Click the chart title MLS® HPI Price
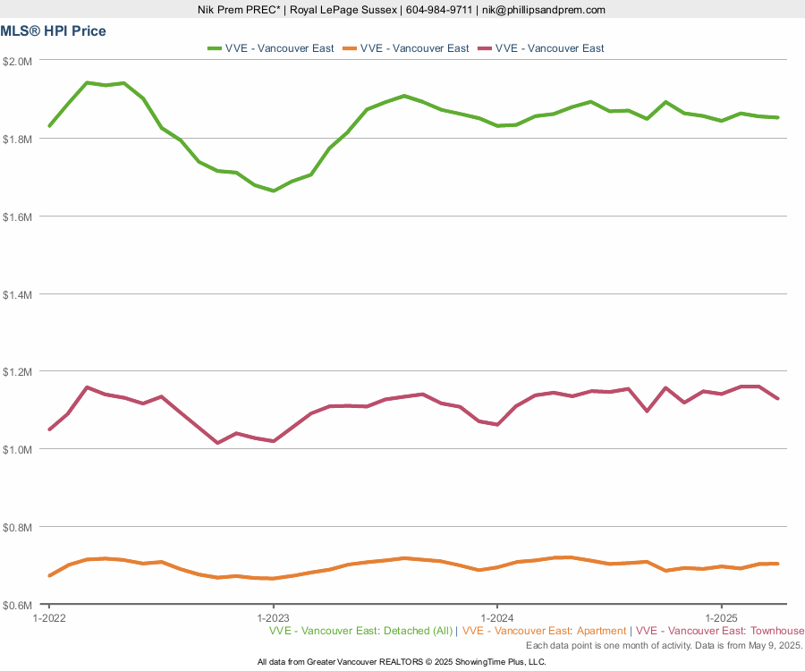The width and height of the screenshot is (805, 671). coord(53,31)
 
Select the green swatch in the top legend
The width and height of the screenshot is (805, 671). coord(216,48)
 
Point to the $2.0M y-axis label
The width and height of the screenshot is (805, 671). coord(18,61)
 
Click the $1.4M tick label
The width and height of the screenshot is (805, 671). coord(18,294)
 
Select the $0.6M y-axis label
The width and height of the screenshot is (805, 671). coord(18,605)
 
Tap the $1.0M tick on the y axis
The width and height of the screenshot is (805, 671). coord(18,449)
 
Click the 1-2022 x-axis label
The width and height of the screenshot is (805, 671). coord(48,618)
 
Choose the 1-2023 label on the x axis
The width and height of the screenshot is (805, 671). coord(273,618)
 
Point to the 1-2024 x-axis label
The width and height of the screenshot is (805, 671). coord(496,618)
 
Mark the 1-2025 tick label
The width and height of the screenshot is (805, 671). coord(721,618)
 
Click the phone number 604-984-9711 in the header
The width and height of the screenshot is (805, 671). coord(438,10)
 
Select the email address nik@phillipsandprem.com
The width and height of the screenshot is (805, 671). coord(543,10)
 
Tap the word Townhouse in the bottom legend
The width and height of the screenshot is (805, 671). coord(778,631)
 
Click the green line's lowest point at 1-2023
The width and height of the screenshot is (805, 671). coord(273,191)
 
